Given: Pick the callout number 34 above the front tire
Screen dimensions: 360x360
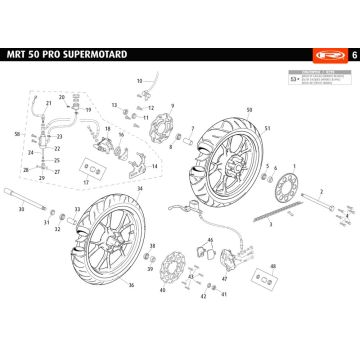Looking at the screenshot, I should click(x=140, y=187).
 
